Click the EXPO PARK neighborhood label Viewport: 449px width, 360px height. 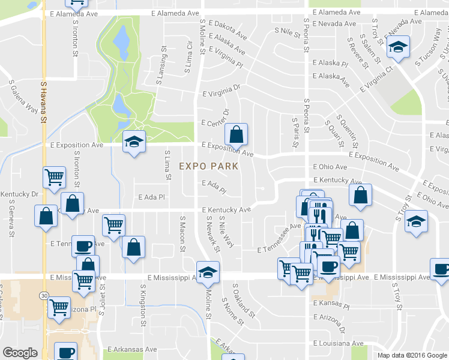tap(208, 166)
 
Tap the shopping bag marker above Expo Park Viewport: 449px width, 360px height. tap(237, 135)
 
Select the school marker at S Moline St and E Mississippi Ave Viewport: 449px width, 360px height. tap(208, 272)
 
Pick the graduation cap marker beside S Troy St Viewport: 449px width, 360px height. tap(416, 221)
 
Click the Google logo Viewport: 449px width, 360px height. tap(20, 353)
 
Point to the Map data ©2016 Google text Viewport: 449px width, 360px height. tap(412, 355)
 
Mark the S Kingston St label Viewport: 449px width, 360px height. tap(142, 308)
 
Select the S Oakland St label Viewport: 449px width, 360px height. tap(244, 300)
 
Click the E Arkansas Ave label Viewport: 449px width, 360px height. tap(132, 349)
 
